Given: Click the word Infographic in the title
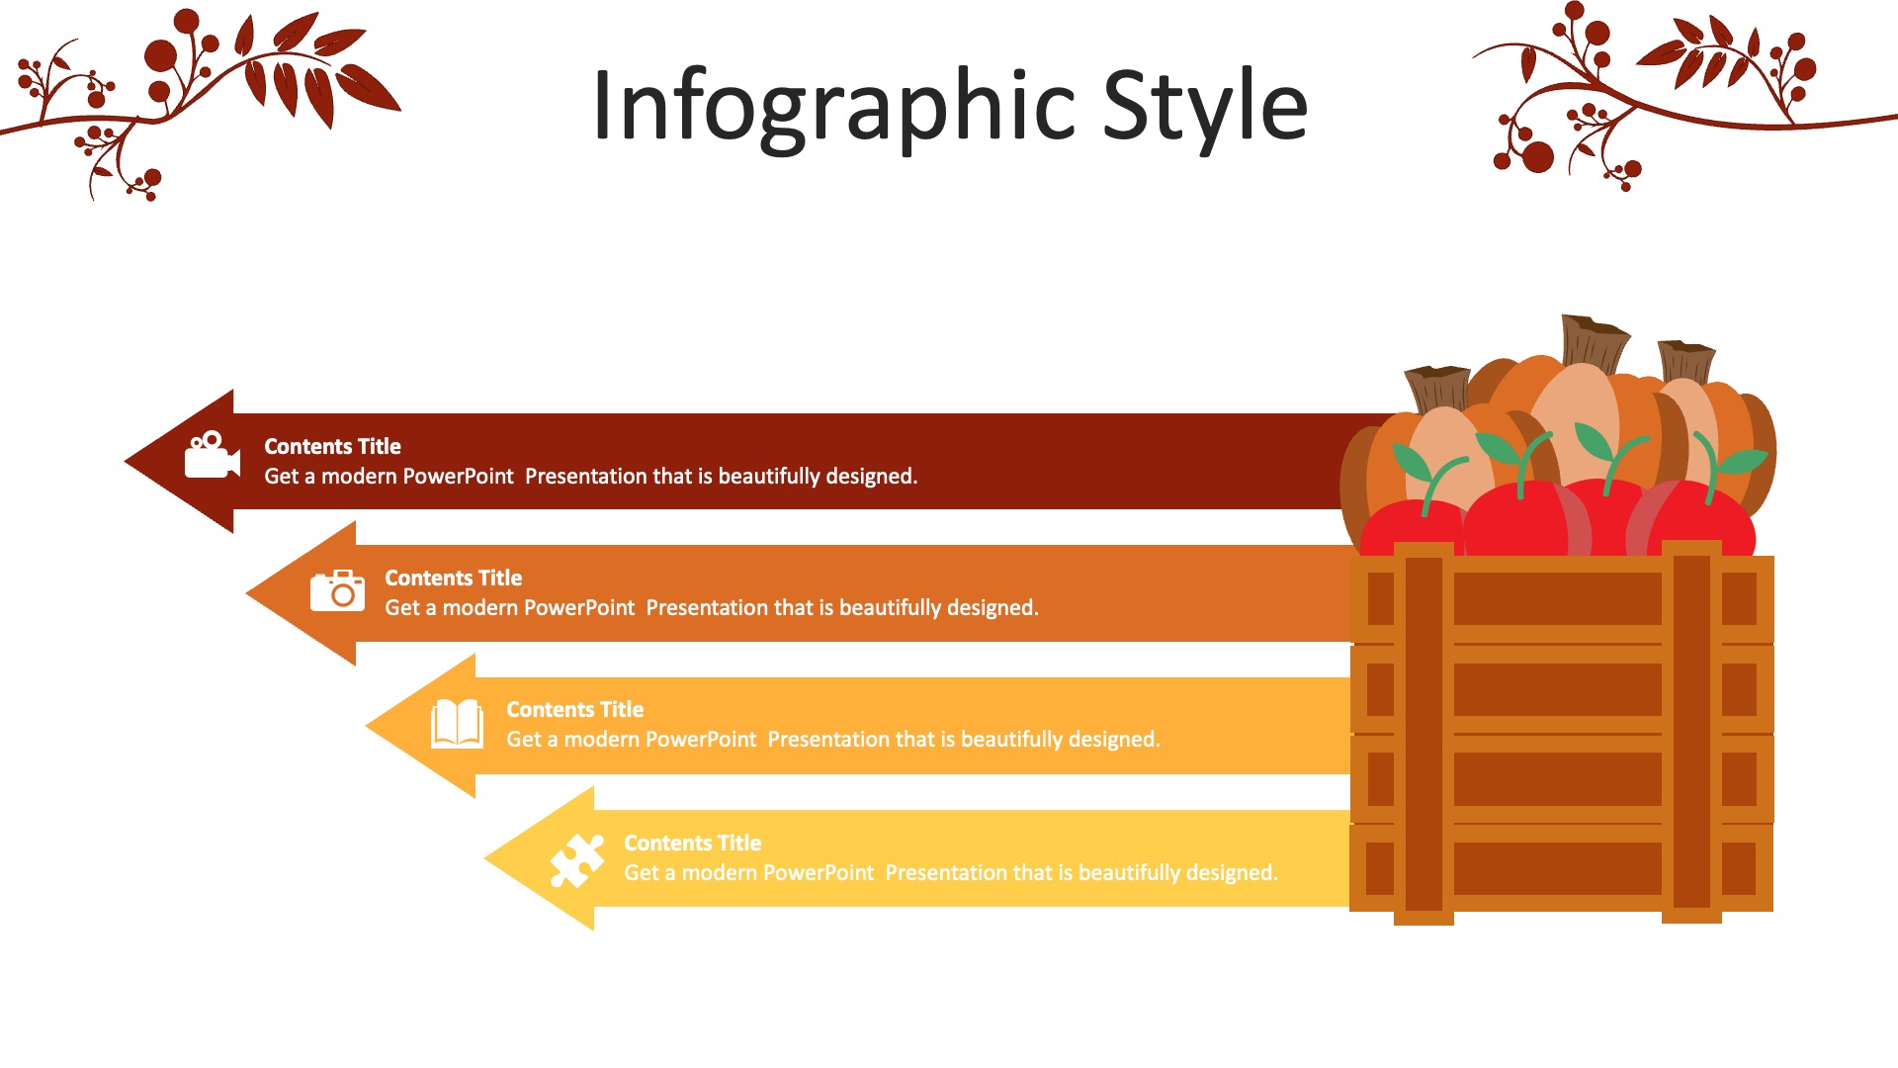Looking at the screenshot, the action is tap(833, 107).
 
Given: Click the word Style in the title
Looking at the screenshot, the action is tap(1205, 107).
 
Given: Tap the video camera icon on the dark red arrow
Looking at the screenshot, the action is tap(213, 455).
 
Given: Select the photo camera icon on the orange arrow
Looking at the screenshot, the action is tap(337, 590).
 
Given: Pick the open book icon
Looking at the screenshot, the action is tap(457, 724).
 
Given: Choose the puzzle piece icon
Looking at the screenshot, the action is tap(576, 860).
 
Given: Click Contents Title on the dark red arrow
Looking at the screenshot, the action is tap(332, 446).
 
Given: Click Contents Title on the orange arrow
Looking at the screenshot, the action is tap(453, 578).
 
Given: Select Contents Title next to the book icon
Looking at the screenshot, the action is tap(574, 709).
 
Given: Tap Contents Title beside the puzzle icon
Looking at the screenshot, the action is tap(692, 843).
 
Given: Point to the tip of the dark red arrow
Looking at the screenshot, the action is tap(126, 461).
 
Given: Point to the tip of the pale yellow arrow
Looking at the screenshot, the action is tap(485, 859).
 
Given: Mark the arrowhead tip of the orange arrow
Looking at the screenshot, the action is tap(247, 593).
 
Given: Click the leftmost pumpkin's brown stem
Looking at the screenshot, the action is tap(1438, 388).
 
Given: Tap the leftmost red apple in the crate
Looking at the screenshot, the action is tap(1412, 528).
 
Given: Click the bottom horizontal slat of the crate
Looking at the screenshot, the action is tap(1561, 867).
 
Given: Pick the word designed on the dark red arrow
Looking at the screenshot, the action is tap(871, 477).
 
